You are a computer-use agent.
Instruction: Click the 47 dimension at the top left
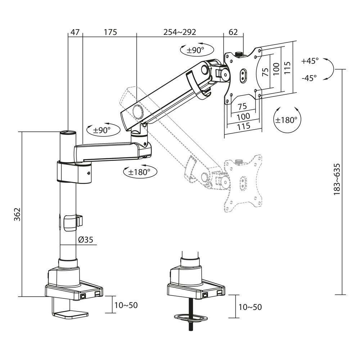[75, 32]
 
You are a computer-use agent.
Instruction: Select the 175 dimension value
[111, 32]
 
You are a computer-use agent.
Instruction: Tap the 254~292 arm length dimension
[180, 32]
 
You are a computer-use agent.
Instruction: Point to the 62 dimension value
[233, 32]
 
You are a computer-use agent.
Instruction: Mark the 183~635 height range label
[337, 179]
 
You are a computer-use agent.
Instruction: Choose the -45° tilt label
[309, 77]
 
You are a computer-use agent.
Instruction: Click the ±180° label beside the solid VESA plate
[286, 120]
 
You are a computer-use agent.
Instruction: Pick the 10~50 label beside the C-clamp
[126, 305]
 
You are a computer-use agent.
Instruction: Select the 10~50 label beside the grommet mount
[250, 307]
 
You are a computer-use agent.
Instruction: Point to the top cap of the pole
[68, 132]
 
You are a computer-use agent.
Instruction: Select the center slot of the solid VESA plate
[244, 75]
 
